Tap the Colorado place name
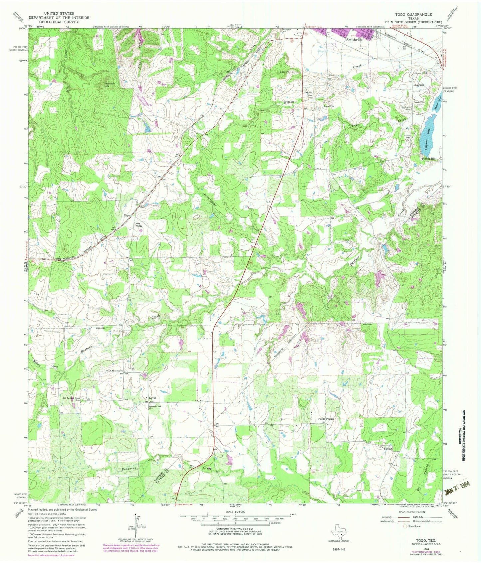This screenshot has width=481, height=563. [418, 85]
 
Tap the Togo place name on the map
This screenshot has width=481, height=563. [127, 215]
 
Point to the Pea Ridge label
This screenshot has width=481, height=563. [139, 224]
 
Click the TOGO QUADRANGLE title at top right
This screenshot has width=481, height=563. [413, 15]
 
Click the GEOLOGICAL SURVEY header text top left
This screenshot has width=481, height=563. [54, 22]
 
